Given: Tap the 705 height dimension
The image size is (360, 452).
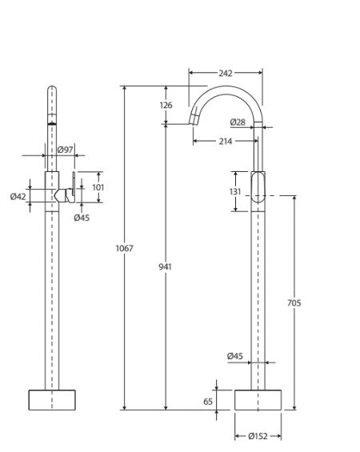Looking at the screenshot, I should point(294,302).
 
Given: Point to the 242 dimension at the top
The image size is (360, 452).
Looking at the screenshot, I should point(226,74).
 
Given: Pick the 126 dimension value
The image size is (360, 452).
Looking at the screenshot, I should point(166,106).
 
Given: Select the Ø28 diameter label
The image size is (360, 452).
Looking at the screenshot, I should point(238,122).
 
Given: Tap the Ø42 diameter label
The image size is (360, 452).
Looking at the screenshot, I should point(18,196).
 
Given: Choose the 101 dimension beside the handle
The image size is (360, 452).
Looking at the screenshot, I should point(98,187).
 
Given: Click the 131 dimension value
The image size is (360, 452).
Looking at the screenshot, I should point(234,191).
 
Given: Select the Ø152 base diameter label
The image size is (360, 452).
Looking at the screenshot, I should point(258,437).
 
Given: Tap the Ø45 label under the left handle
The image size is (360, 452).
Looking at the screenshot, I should point(81,217).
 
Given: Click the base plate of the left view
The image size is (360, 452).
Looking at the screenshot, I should point(51,400).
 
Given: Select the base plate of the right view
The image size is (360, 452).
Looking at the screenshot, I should point(258,400).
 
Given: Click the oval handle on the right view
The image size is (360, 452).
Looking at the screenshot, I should point(258,188).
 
